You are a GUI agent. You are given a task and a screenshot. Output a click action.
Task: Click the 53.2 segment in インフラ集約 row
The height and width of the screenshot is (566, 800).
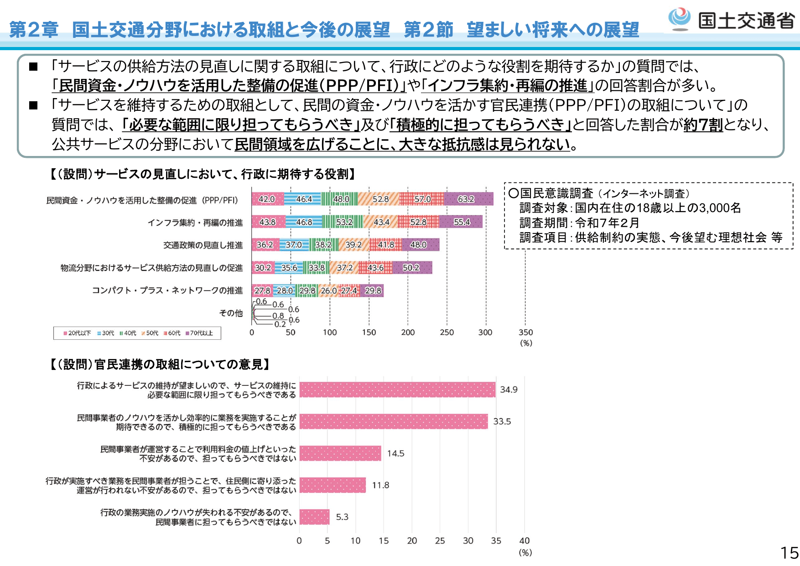click(343, 222)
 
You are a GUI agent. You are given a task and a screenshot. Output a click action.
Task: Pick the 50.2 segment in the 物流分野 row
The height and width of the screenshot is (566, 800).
click(412, 268)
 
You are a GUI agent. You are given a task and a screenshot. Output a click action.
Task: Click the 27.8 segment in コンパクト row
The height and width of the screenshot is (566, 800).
click(262, 291)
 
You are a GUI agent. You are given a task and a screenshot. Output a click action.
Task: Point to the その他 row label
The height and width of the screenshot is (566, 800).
click(231, 313)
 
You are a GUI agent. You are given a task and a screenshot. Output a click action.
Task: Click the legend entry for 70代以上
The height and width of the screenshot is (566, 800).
click(199, 333)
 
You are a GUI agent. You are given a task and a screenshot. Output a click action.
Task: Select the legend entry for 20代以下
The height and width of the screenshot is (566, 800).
click(78, 333)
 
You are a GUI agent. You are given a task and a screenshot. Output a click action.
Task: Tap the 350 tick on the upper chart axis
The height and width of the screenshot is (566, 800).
click(525, 332)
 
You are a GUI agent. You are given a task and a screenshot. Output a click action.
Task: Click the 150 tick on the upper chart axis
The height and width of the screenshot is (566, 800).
click(369, 332)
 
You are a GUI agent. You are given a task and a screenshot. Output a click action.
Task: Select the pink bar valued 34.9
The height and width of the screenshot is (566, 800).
click(397, 389)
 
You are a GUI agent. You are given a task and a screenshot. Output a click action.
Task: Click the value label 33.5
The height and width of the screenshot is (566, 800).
click(502, 421)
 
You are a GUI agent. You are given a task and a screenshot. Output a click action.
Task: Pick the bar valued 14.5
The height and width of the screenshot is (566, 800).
click(340, 453)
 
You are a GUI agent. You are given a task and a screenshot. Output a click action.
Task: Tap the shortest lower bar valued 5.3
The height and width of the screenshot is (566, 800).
click(314, 517)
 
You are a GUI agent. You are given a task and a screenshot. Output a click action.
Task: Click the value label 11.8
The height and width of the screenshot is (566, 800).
click(380, 485)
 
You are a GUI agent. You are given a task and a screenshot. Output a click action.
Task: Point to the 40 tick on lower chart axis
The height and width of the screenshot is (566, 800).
click(525, 541)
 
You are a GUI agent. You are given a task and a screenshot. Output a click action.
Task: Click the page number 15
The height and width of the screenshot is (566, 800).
click(790, 553)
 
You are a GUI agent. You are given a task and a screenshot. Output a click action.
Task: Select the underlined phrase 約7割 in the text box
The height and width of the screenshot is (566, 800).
click(703, 125)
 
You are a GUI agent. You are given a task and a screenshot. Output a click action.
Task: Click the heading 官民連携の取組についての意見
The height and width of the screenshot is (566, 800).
click(160, 364)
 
